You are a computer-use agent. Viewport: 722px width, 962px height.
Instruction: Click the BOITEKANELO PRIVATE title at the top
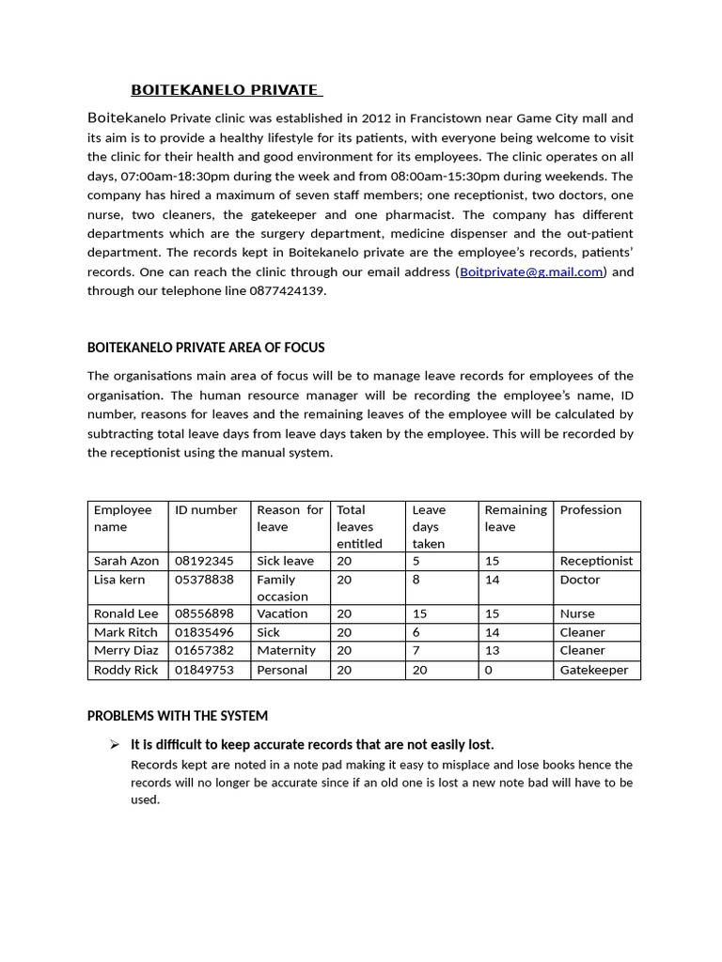[225, 90]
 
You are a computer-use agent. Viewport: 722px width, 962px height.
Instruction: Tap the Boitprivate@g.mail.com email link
[531, 272]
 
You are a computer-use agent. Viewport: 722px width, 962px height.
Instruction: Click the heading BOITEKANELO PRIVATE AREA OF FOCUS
[206, 348]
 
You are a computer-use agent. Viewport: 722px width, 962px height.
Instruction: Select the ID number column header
[206, 510]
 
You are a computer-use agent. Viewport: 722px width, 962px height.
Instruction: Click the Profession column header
[590, 510]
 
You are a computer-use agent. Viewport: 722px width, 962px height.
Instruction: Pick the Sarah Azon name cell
[127, 561]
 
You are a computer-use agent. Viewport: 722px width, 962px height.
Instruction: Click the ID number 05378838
[204, 580]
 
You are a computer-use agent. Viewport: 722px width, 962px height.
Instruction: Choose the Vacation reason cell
[282, 613]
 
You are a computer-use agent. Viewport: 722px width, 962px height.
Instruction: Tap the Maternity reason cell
[286, 650]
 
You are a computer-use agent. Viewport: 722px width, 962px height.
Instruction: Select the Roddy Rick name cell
[126, 670]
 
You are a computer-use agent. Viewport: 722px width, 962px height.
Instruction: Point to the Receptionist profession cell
[596, 561]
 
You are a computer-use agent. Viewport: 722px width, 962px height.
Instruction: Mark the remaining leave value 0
[488, 670]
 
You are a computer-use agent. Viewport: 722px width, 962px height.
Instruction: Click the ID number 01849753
[204, 670]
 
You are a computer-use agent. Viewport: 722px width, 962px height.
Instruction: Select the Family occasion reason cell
[282, 588]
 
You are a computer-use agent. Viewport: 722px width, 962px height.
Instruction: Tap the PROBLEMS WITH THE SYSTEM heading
[178, 716]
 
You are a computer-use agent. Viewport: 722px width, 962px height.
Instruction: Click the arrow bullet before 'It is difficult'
[115, 745]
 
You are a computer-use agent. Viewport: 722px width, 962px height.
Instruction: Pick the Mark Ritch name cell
[126, 632]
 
